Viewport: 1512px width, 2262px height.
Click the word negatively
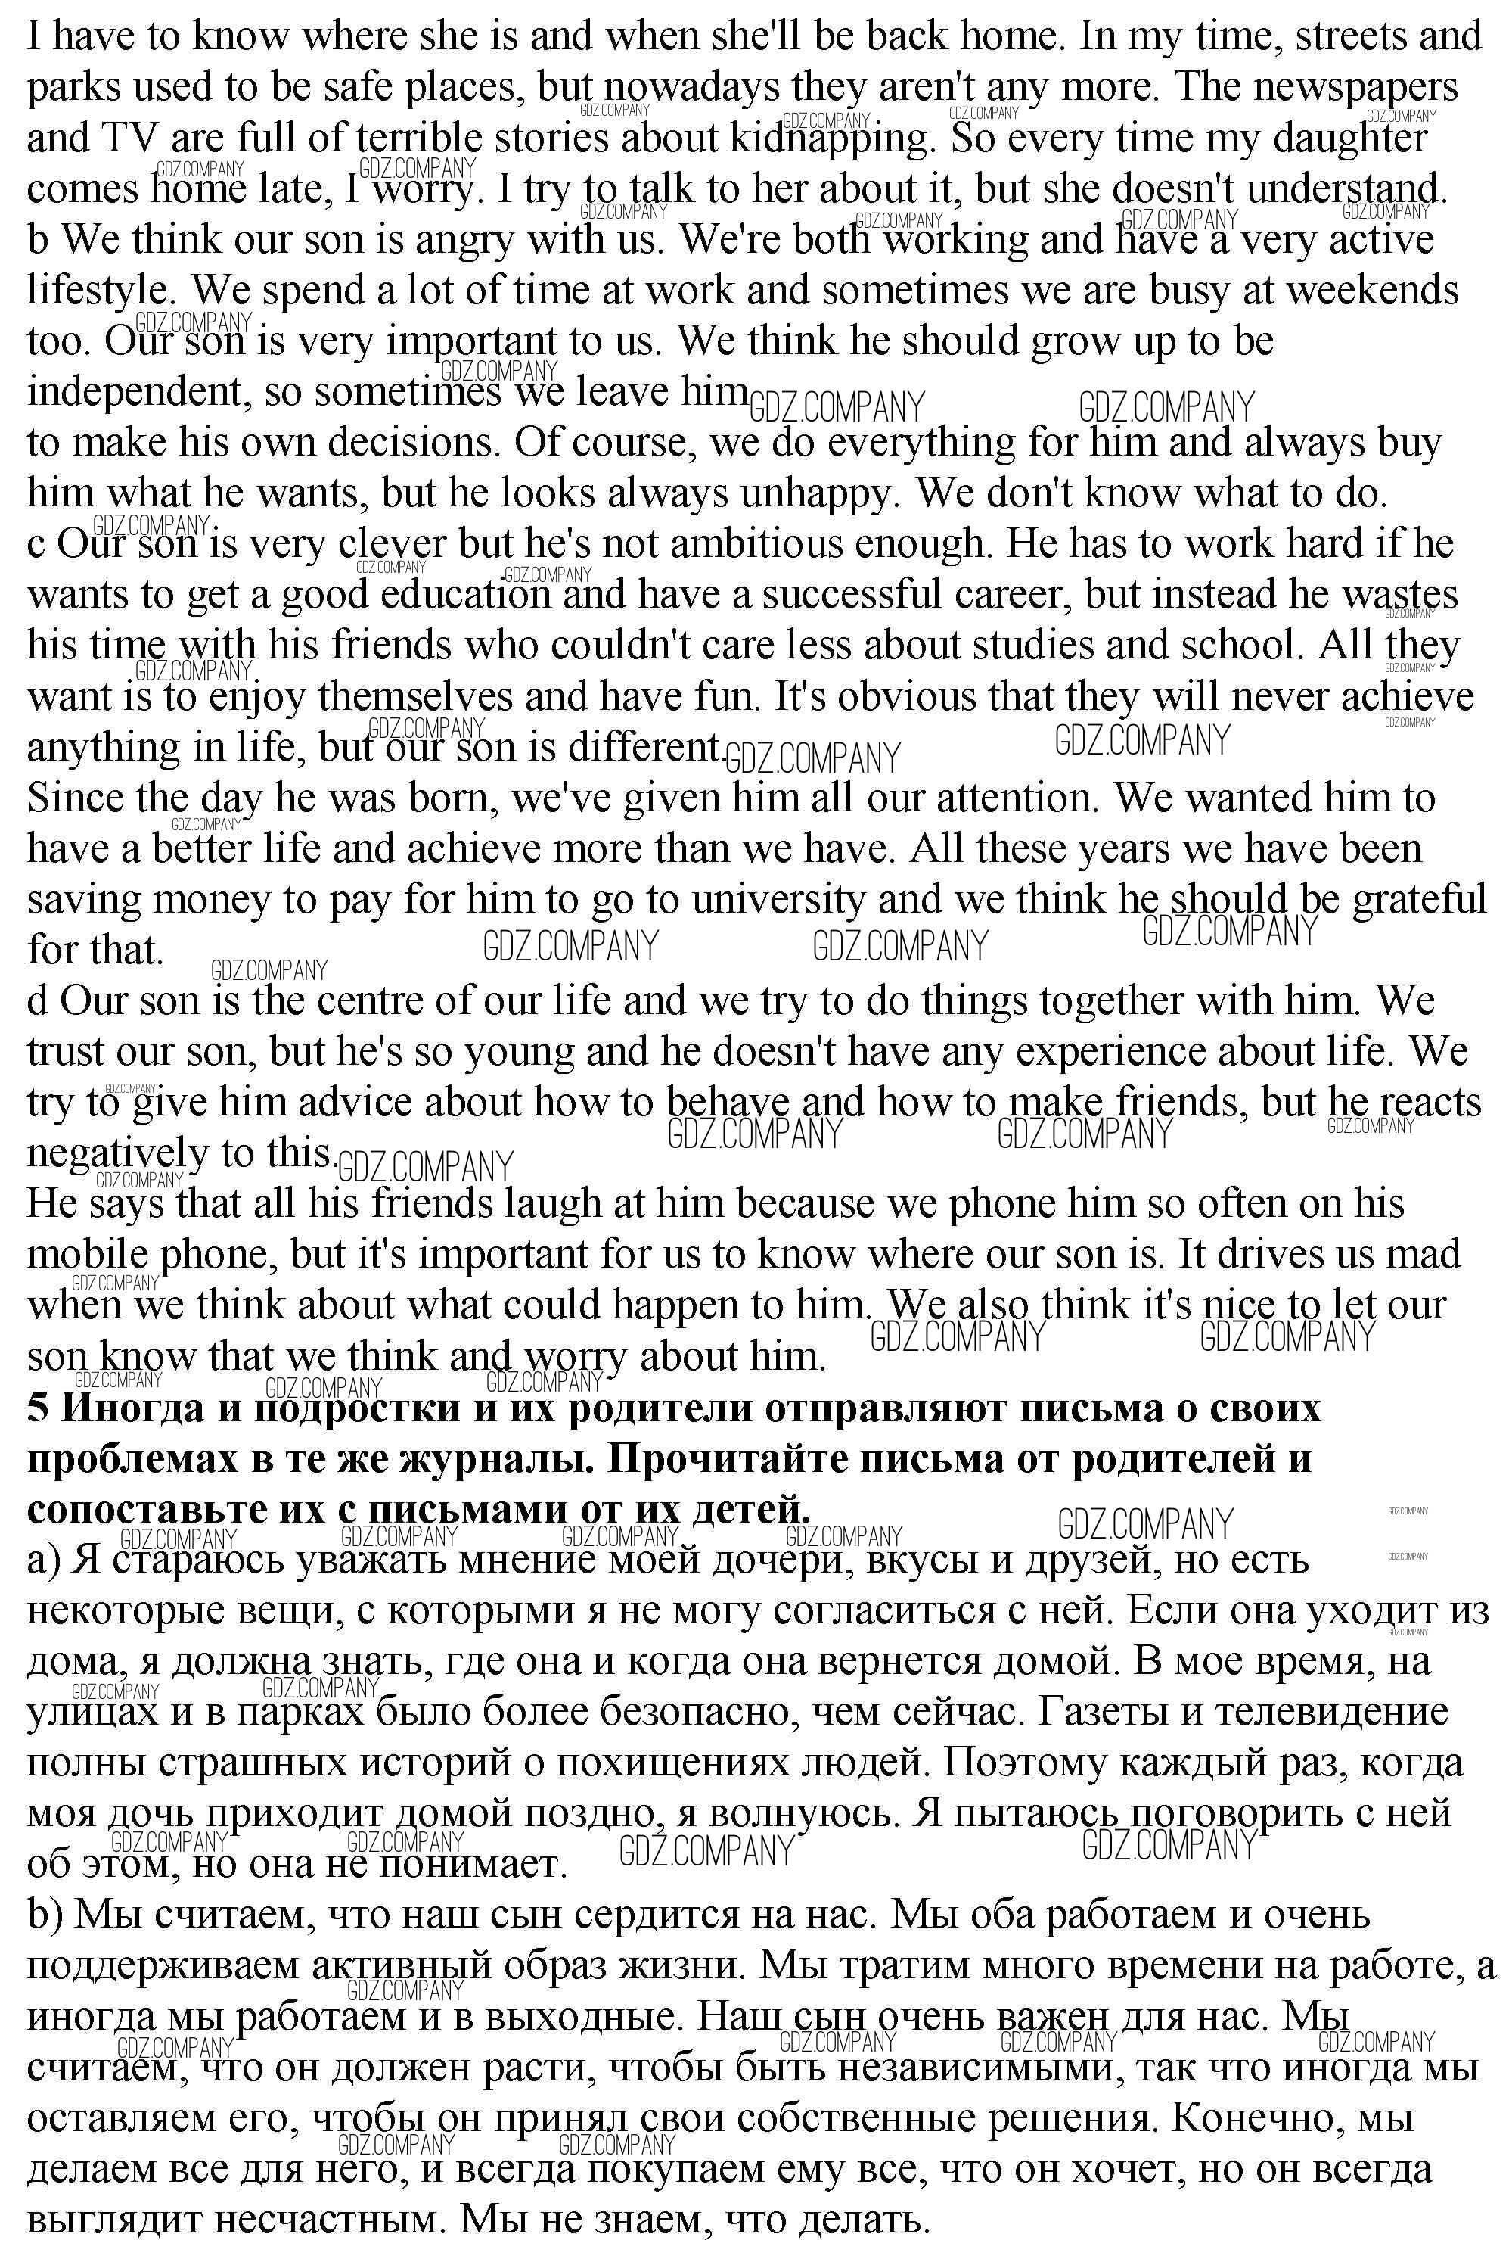coord(116,1153)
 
